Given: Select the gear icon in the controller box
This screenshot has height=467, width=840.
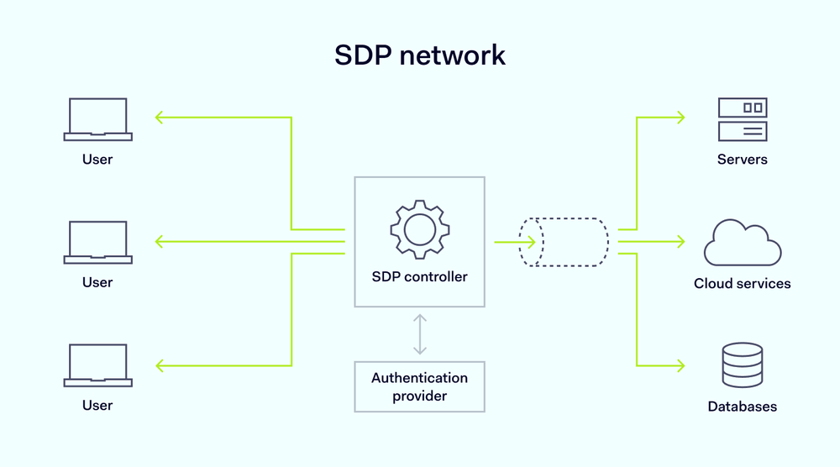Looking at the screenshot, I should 420,228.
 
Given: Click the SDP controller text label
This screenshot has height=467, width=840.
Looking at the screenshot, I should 420,276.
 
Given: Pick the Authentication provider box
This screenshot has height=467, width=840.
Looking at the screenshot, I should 420,386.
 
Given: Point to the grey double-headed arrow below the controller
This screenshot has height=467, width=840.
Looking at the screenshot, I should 420,334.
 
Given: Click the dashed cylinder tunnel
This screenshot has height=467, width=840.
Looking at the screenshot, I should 564,242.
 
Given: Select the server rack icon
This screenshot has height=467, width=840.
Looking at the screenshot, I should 743,119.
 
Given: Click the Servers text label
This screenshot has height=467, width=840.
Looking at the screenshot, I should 743,159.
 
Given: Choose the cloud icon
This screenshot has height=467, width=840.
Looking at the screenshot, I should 743,243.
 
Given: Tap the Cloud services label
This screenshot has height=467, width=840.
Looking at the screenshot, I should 743,283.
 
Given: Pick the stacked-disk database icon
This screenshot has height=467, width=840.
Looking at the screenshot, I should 743,365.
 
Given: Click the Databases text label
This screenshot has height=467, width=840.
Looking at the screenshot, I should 743,407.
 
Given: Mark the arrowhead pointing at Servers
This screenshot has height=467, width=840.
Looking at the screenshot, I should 680,118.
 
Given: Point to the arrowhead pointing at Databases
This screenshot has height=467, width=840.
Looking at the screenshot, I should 680,365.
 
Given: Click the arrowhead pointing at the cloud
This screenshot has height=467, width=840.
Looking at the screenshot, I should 680,242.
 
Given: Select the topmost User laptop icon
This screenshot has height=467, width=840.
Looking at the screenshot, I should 97,119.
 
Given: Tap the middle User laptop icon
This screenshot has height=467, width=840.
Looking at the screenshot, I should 97,243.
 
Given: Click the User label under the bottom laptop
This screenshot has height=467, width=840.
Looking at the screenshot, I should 97,406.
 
